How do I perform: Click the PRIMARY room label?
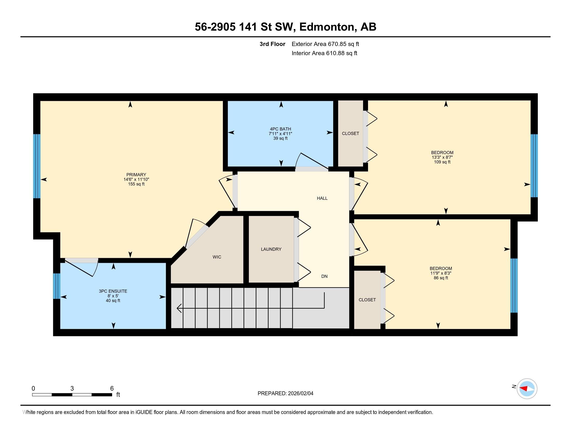136,175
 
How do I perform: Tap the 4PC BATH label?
281,129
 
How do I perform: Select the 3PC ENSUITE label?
113,291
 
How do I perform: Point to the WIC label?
217,257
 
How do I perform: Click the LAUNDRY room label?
271,249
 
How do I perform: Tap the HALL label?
322,198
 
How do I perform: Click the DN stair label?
324,277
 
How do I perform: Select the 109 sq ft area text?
442,162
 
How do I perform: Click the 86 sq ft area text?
441,278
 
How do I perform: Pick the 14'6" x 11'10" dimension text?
136,180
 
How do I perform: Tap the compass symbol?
527,389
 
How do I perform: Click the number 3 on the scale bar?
72,389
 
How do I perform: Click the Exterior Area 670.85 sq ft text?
325,44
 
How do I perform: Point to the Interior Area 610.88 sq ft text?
324,53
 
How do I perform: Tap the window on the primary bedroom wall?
37,166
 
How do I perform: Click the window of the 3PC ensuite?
57,286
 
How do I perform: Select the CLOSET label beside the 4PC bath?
351,134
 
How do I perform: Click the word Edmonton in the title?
327,27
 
